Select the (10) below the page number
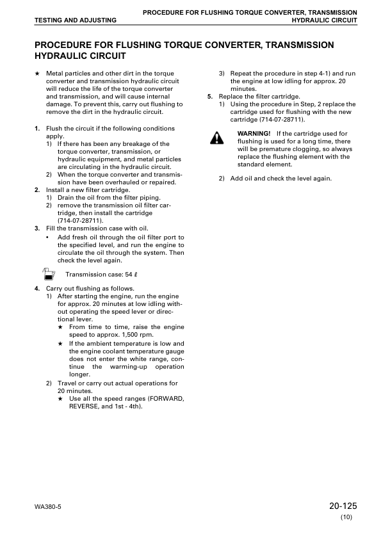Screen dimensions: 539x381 coord(346,517)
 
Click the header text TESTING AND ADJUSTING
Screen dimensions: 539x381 coord(76,20)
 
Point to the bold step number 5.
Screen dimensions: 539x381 coord(210,96)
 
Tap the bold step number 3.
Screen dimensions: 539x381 coord(36,228)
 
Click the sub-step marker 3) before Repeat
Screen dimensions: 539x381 coord(222,74)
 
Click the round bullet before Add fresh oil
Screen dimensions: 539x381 coord(48,237)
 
